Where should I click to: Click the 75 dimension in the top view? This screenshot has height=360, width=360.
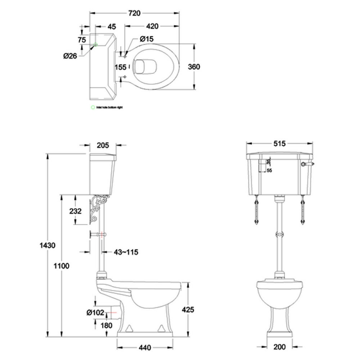coord(81,40)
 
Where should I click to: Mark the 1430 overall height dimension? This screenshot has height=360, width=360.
coord(48,245)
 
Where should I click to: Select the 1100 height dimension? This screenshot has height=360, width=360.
coord(62,265)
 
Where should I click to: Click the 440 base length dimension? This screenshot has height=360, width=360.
coord(145,348)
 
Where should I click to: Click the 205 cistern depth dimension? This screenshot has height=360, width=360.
coord(103,144)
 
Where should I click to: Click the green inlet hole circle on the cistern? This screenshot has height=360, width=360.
coord(95,44)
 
